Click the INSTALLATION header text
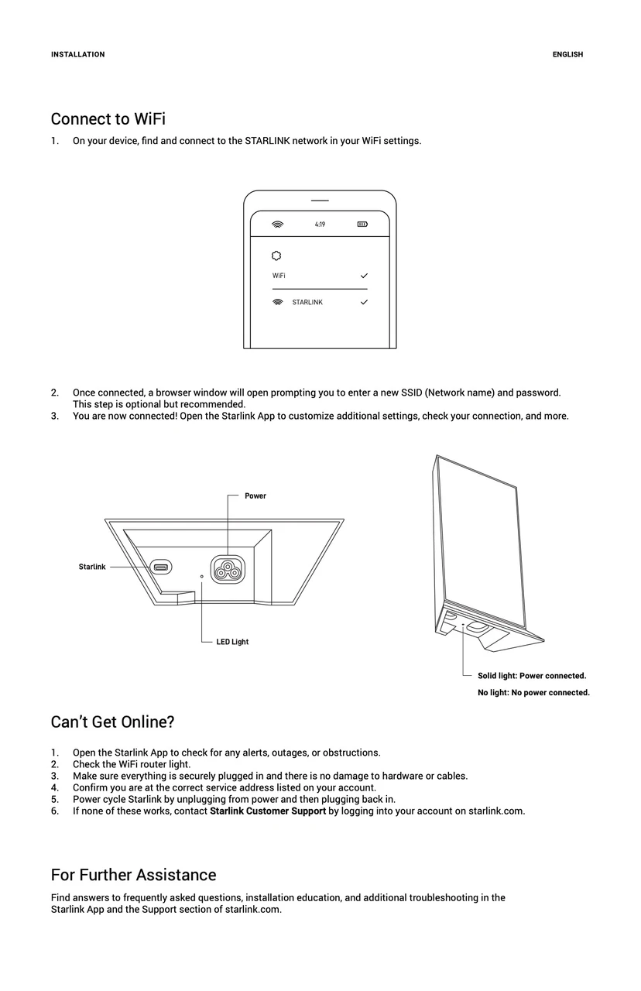(x=77, y=54)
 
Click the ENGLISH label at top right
(x=567, y=54)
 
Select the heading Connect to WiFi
(x=108, y=119)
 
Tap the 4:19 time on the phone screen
(x=320, y=225)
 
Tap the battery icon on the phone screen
(x=362, y=225)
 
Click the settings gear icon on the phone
(x=277, y=255)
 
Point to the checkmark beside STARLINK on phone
(x=364, y=303)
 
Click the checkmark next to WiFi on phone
(x=364, y=276)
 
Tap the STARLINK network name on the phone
(x=307, y=303)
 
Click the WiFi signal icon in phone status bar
(x=278, y=225)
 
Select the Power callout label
(x=255, y=496)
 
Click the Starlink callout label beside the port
(x=92, y=568)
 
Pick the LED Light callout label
(x=232, y=642)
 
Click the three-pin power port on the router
(x=228, y=570)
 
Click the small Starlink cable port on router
(x=161, y=568)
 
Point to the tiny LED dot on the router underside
(x=202, y=577)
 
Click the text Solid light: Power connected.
(x=532, y=676)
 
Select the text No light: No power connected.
(x=533, y=693)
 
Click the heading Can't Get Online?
(x=112, y=722)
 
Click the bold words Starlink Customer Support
(x=268, y=811)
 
